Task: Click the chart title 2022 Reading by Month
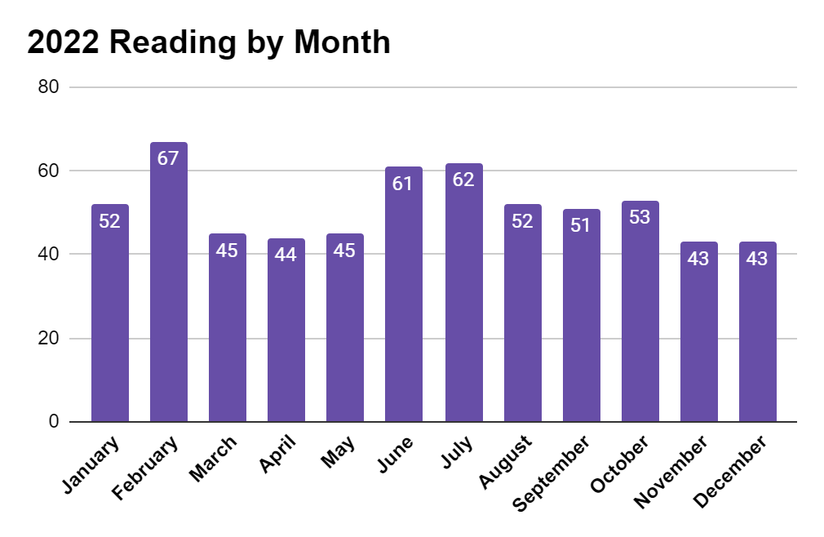209,42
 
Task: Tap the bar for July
463,293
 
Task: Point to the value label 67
169,158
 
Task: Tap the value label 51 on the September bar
581,225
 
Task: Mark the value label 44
286,255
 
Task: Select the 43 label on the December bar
758,258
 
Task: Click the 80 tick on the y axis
49,87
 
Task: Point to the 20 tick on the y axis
49,338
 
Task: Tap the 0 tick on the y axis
54,421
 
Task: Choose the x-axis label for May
338,453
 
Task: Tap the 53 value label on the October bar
640,217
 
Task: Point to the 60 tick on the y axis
49,171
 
